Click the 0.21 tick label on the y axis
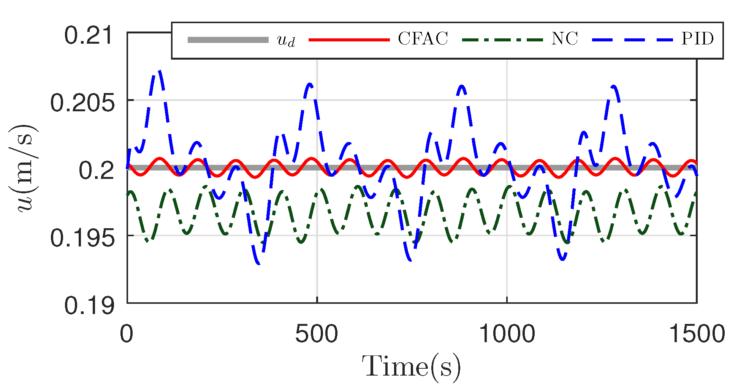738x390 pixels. pos(89,36)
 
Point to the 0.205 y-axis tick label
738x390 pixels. pos(82,103)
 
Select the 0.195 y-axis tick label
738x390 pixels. pos(82,238)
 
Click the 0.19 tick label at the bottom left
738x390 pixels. pos(89,305)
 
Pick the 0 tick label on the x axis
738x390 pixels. pos(127,334)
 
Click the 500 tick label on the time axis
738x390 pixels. pos(317,334)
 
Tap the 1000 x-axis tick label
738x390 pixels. pos(507,334)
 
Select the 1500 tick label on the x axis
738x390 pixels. pos(697,334)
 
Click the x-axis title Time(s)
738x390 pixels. pos(411,367)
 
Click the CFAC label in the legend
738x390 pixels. pos(423,39)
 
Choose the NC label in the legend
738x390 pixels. pos(564,39)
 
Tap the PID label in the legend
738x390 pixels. pos(697,39)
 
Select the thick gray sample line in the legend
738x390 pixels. pos(228,40)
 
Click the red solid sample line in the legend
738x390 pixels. pos(349,40)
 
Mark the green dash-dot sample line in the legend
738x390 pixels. pos(502,40)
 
